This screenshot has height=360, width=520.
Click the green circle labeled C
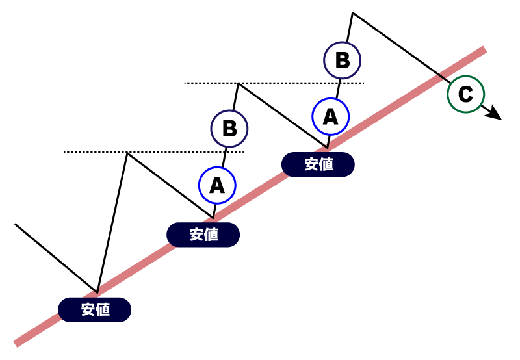coord(465,95)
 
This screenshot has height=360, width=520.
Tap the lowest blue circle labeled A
coord(217,186)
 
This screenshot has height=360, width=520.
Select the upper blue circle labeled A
coord(330,116)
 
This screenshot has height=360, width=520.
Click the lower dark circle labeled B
coord(229,128)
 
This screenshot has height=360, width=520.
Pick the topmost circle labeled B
coord(343,60)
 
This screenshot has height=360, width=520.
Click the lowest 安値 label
coord(95,310)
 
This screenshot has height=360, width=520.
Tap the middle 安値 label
coord(203,235)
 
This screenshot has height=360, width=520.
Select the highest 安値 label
coord(318,164)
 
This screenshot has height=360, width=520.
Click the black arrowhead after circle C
coord(495,115)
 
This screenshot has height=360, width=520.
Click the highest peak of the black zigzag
coord(352,12)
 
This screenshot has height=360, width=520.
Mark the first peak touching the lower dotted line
coord(127,153)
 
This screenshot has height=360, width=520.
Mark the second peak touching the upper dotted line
coord(239,83)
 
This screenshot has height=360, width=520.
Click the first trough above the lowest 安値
coord(97,292)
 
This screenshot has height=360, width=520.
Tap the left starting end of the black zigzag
coord(15,224)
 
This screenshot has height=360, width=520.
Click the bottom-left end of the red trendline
coord(17,343)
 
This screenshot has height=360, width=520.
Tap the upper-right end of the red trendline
coord(484,50)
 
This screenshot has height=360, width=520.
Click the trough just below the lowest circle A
coord(213,217)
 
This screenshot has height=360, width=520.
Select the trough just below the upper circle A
coord(327,147)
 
